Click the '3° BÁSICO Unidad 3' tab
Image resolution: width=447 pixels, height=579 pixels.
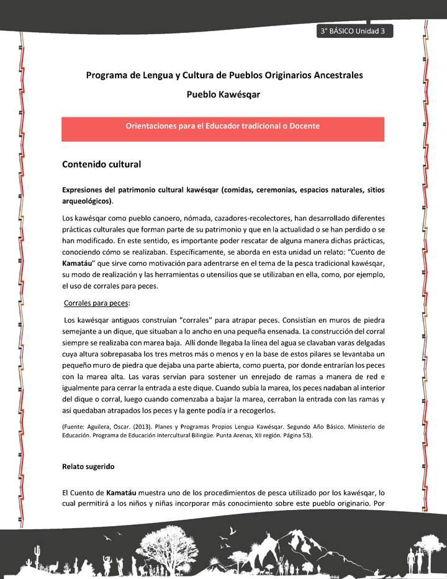(x=354, y=32)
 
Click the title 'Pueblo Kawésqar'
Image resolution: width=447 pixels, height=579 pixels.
(x=223, y=95)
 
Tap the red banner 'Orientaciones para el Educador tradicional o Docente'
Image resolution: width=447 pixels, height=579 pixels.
(x=223, y=126)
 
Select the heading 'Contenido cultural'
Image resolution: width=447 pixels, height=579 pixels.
(x=102, y=165)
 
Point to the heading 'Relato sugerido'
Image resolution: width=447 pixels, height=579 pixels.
(x=88, y=465)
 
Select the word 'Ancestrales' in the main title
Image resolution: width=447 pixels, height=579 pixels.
(x=335, y=75)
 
